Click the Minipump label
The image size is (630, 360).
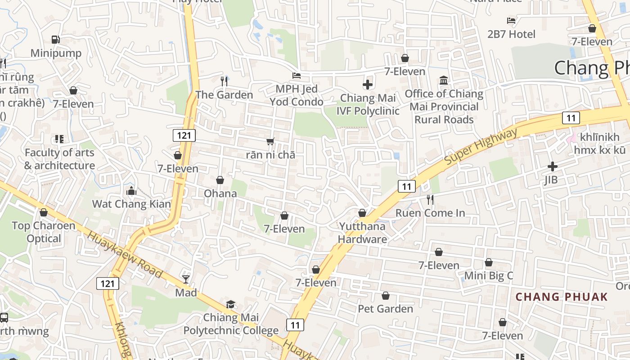click(56, 53)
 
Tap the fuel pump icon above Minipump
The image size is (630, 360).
click(56, 40)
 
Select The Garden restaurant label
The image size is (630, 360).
click(224, 95)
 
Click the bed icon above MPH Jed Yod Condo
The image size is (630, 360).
click(297, 75)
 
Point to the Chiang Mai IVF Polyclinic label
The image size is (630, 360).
click(368, 104)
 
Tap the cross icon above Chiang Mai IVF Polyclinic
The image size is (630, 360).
click(368, 84)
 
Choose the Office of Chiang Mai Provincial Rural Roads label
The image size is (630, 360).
click(444, 107)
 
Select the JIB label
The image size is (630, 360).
click(551, 180)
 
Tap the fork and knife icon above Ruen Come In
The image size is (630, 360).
click(430, 199)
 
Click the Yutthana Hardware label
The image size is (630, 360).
click(362, 233)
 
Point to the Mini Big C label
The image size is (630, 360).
click(488, 275)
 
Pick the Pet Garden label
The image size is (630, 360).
click(385, 309)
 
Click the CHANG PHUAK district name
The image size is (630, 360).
click(562, 297)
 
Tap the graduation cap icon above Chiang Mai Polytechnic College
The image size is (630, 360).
click(230, 304)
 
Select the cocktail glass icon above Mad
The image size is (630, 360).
click(186, 279)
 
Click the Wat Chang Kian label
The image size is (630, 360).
click(131, 204)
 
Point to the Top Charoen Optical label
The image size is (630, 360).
click(44, 232)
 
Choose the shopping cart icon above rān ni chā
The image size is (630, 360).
click(270, 141)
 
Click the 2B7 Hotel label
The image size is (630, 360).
click(511, 34)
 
